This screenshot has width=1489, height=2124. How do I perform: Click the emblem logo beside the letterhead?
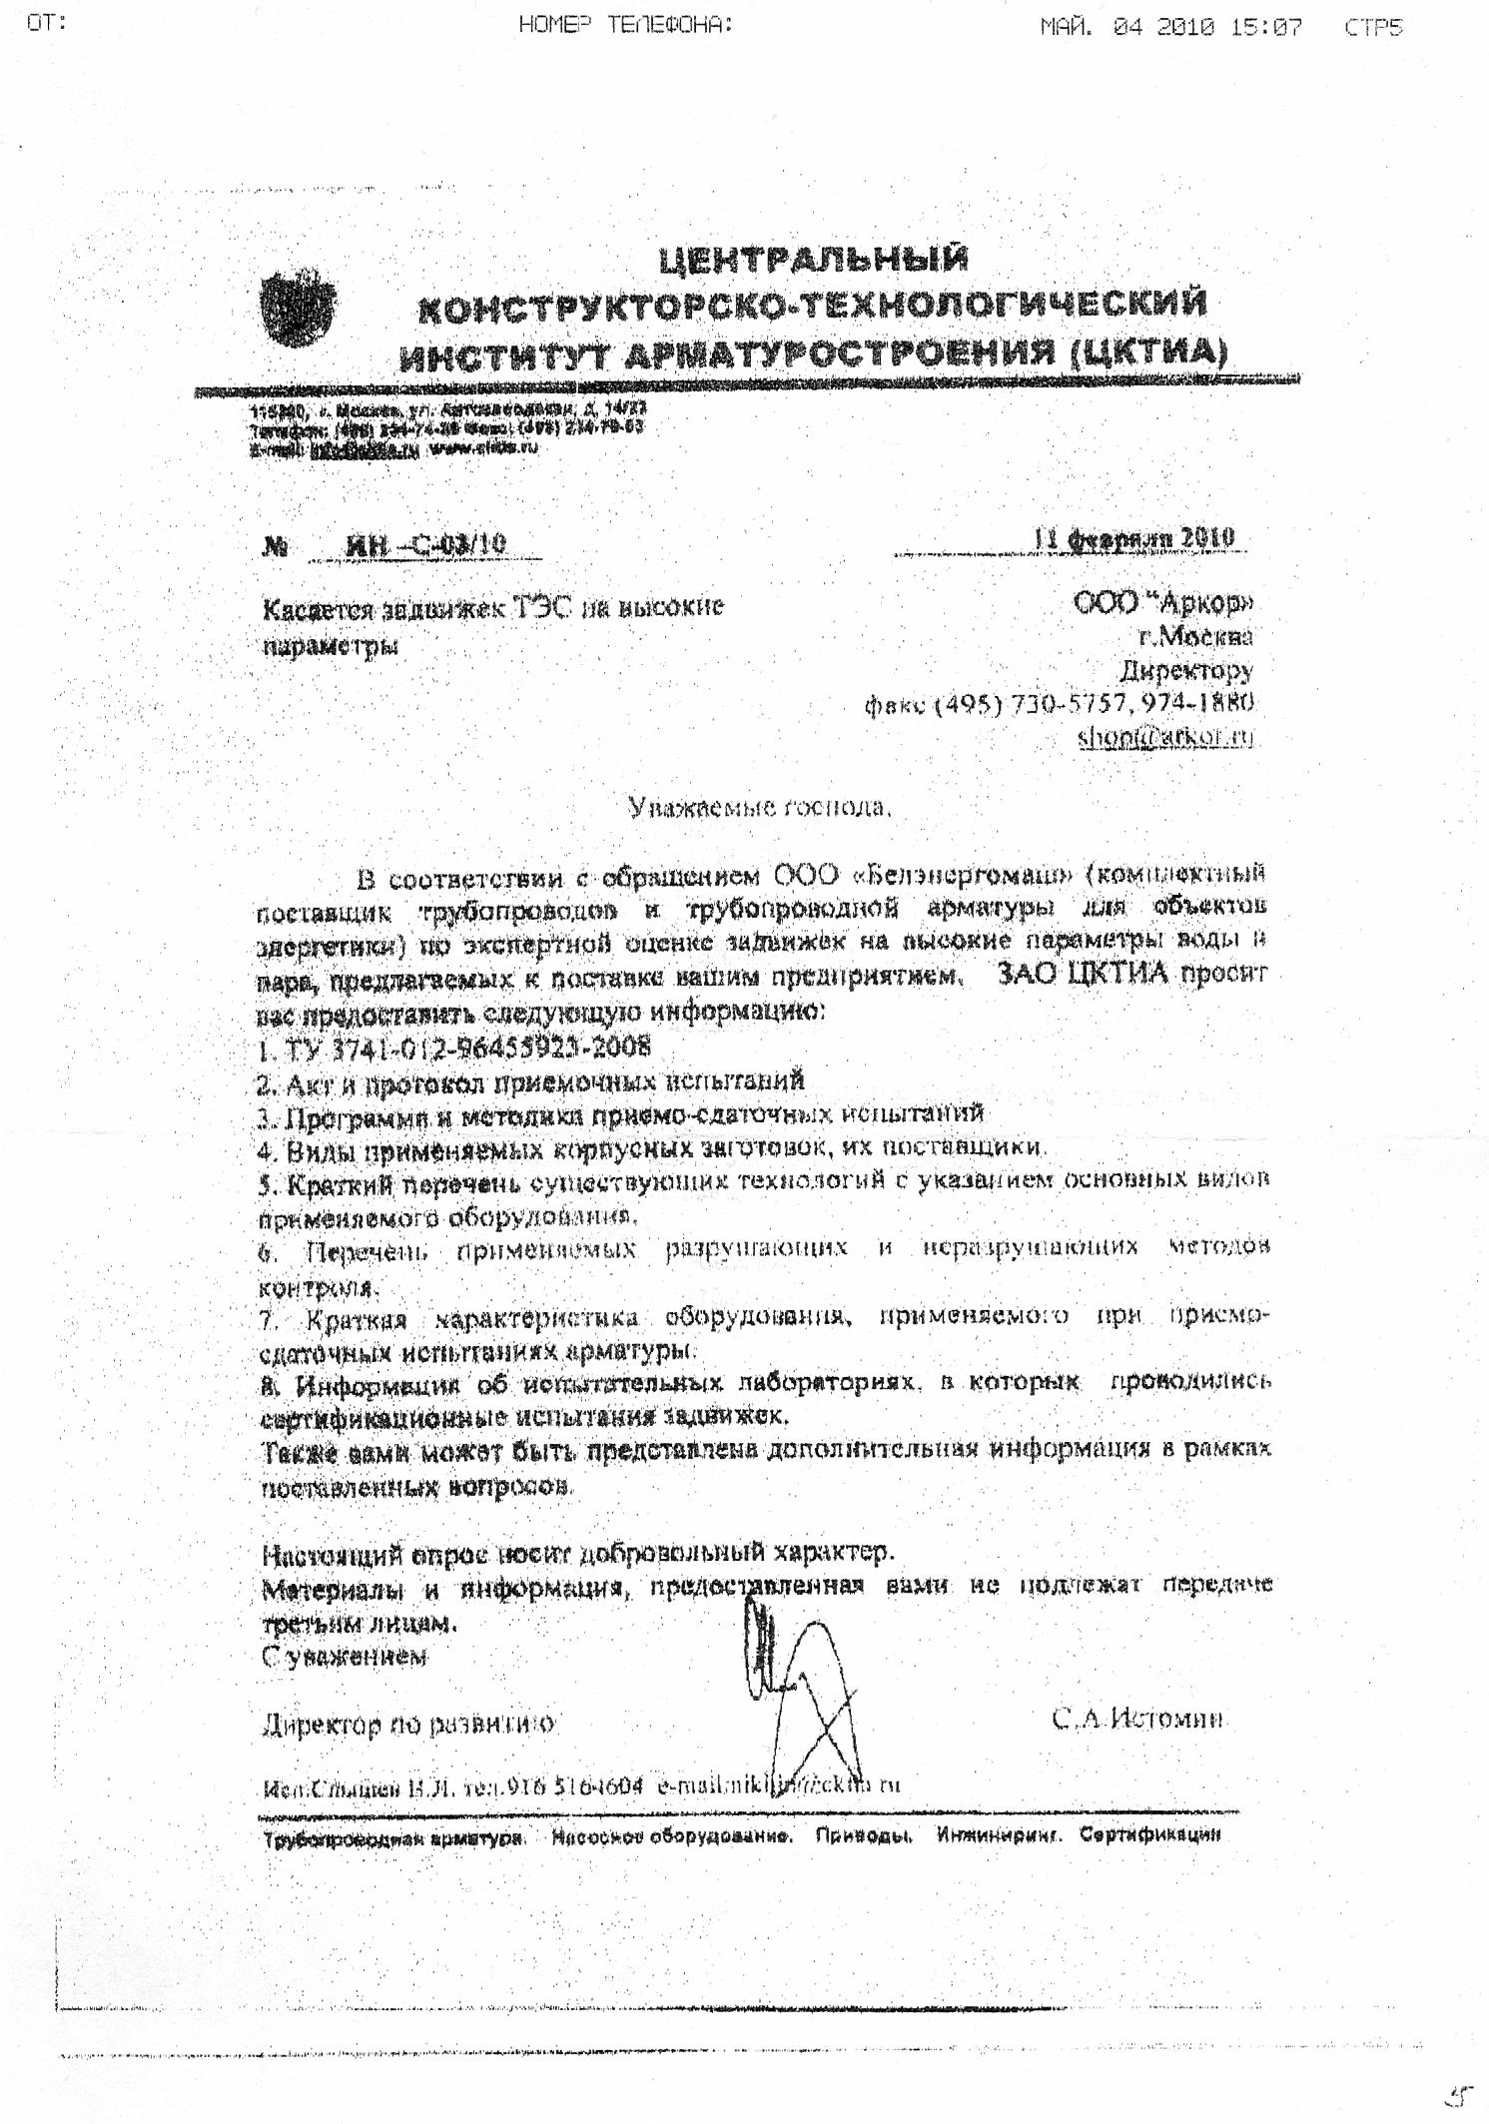298,309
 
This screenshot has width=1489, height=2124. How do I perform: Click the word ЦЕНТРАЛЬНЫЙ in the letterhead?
813,260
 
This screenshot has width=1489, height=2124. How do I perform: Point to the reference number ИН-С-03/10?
425,545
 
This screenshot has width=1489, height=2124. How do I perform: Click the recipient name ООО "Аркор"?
1163,602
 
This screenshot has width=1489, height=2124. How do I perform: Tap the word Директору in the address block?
1186,669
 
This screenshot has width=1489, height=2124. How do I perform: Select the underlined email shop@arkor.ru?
1164,737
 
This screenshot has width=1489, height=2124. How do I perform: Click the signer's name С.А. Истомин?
1137,1719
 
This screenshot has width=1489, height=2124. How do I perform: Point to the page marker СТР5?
1373,27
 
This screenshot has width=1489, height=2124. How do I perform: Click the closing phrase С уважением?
345,1657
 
